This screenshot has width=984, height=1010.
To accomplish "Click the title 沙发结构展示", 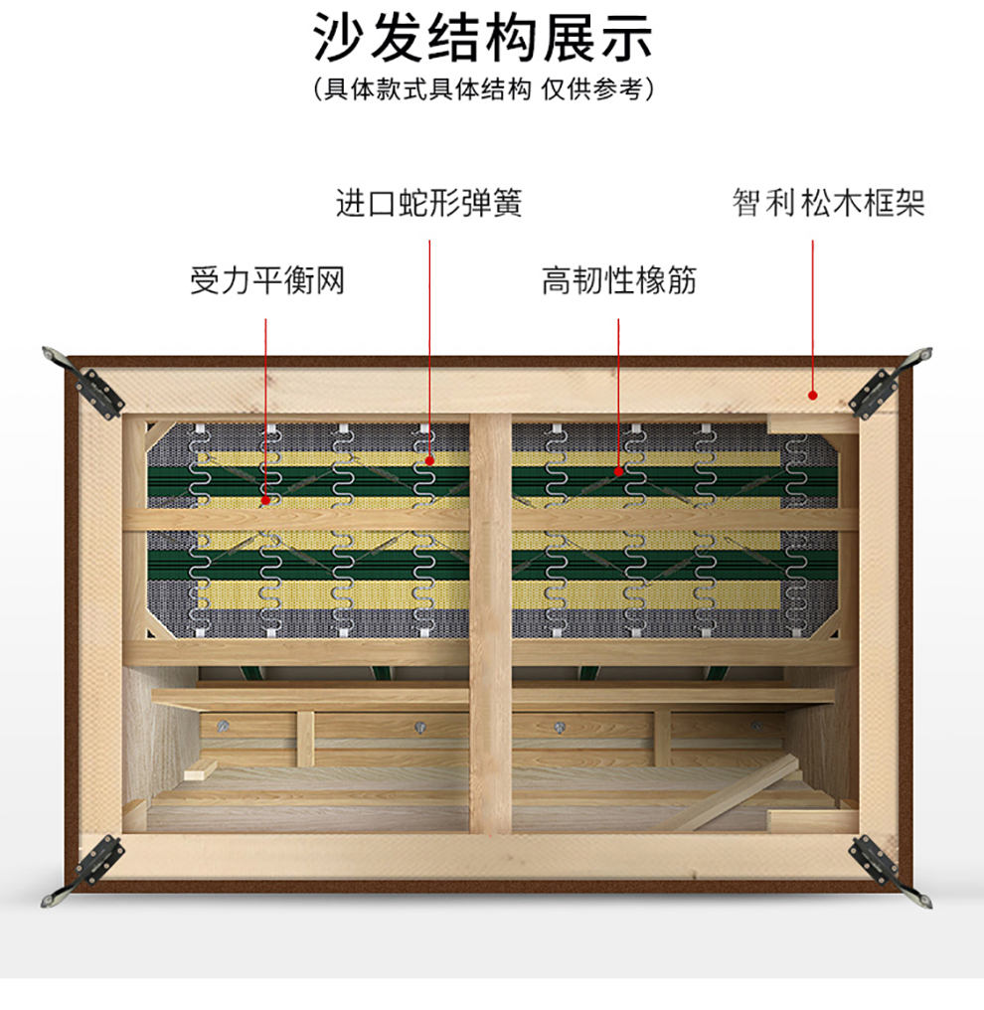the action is [x=483, y=40].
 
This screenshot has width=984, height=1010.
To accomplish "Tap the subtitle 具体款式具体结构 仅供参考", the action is [x=483, y=89].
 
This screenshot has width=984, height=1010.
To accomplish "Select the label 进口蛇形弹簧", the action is [x=429, y=204].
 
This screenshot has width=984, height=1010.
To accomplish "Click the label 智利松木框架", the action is [x=829, y=204].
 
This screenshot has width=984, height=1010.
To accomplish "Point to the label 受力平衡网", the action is [x=267, y=281].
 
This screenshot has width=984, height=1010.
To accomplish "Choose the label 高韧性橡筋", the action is [x=619, y=281].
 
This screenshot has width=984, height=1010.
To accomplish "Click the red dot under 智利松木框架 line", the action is [x=812, y=395].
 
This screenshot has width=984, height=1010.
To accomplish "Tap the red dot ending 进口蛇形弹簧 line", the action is [x=429, y=460].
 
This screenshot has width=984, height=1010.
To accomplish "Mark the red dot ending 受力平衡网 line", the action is [x=266, y=500].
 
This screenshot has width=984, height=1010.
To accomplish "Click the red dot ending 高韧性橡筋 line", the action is [x=618, y=473].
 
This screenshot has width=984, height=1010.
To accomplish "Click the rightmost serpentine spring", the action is [x=796, y=537].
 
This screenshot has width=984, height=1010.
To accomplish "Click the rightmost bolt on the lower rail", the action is [x=755, y=727].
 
